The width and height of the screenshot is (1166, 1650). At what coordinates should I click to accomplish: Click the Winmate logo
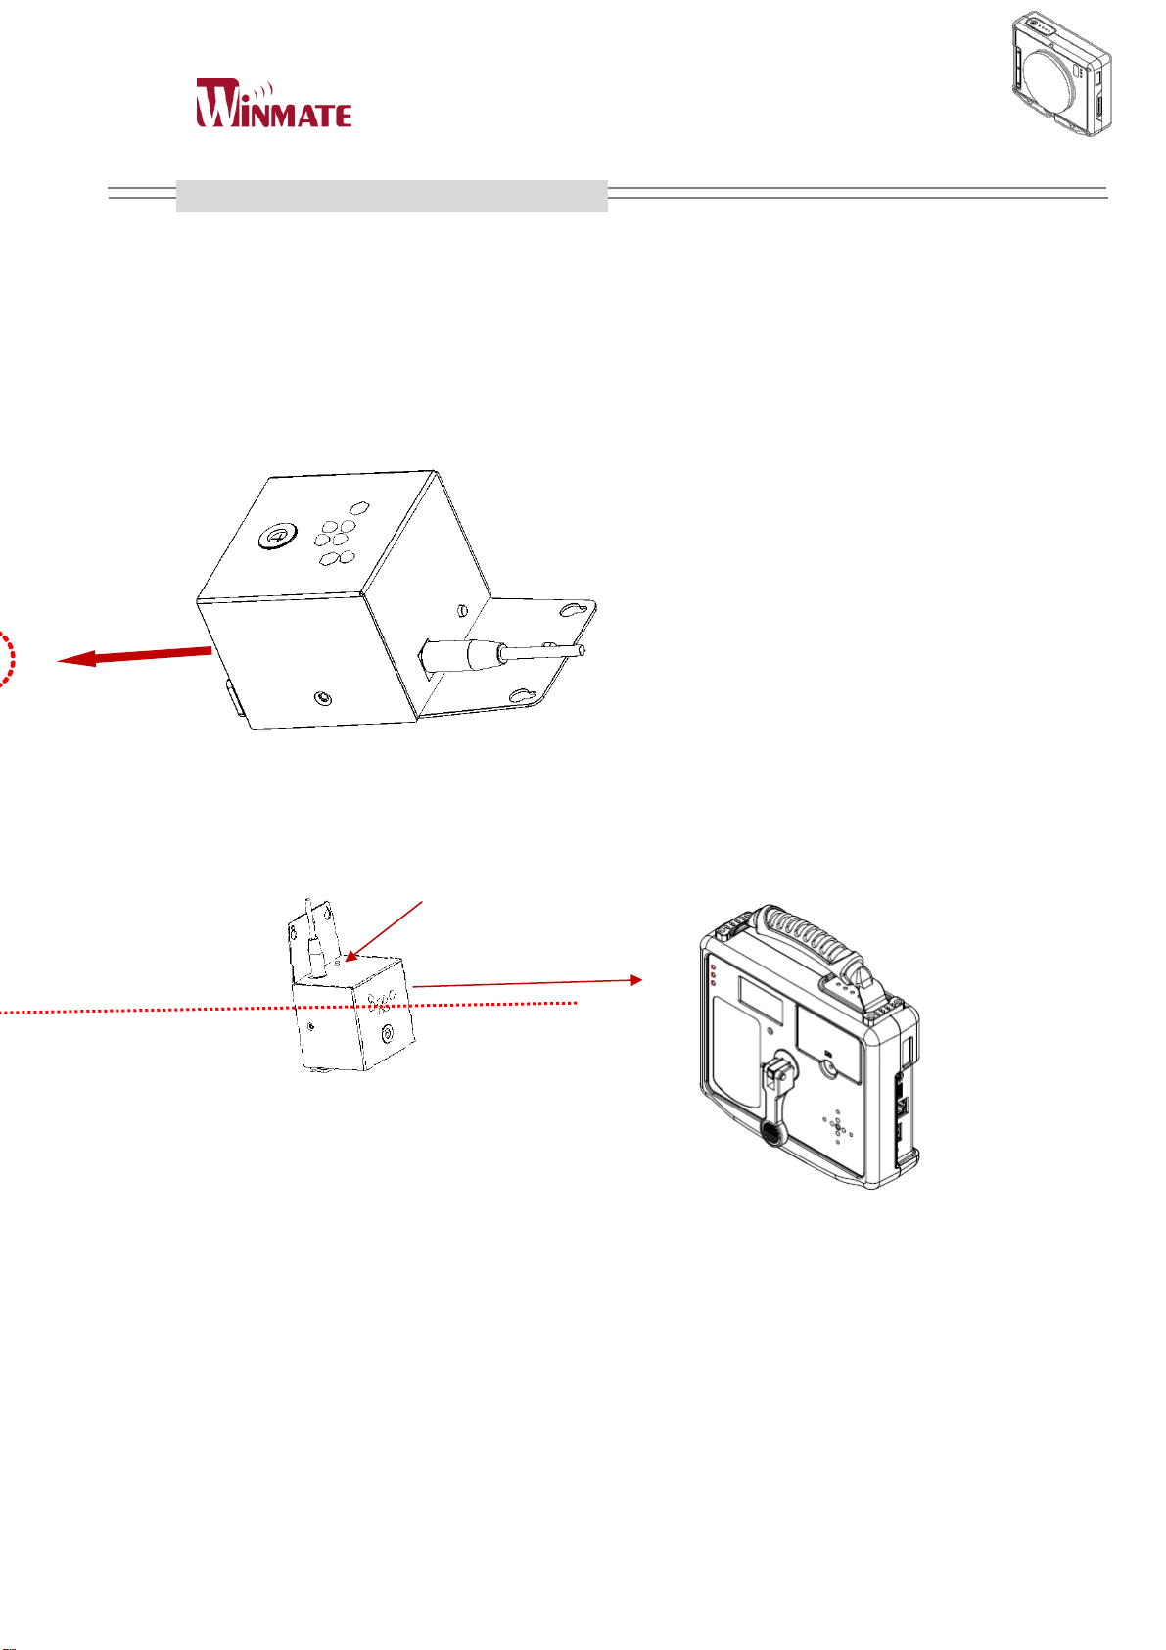click(274, 103)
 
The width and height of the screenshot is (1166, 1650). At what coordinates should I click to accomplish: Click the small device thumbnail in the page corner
click(1063, 73)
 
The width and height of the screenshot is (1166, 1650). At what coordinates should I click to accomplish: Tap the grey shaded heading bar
click(392, 196)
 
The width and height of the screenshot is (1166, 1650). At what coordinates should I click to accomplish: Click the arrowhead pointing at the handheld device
click(637, 979)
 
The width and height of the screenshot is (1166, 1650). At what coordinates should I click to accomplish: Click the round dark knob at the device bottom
click(771, 1134)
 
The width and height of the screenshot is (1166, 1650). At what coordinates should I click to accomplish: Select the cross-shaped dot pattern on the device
click(838, 1126)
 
